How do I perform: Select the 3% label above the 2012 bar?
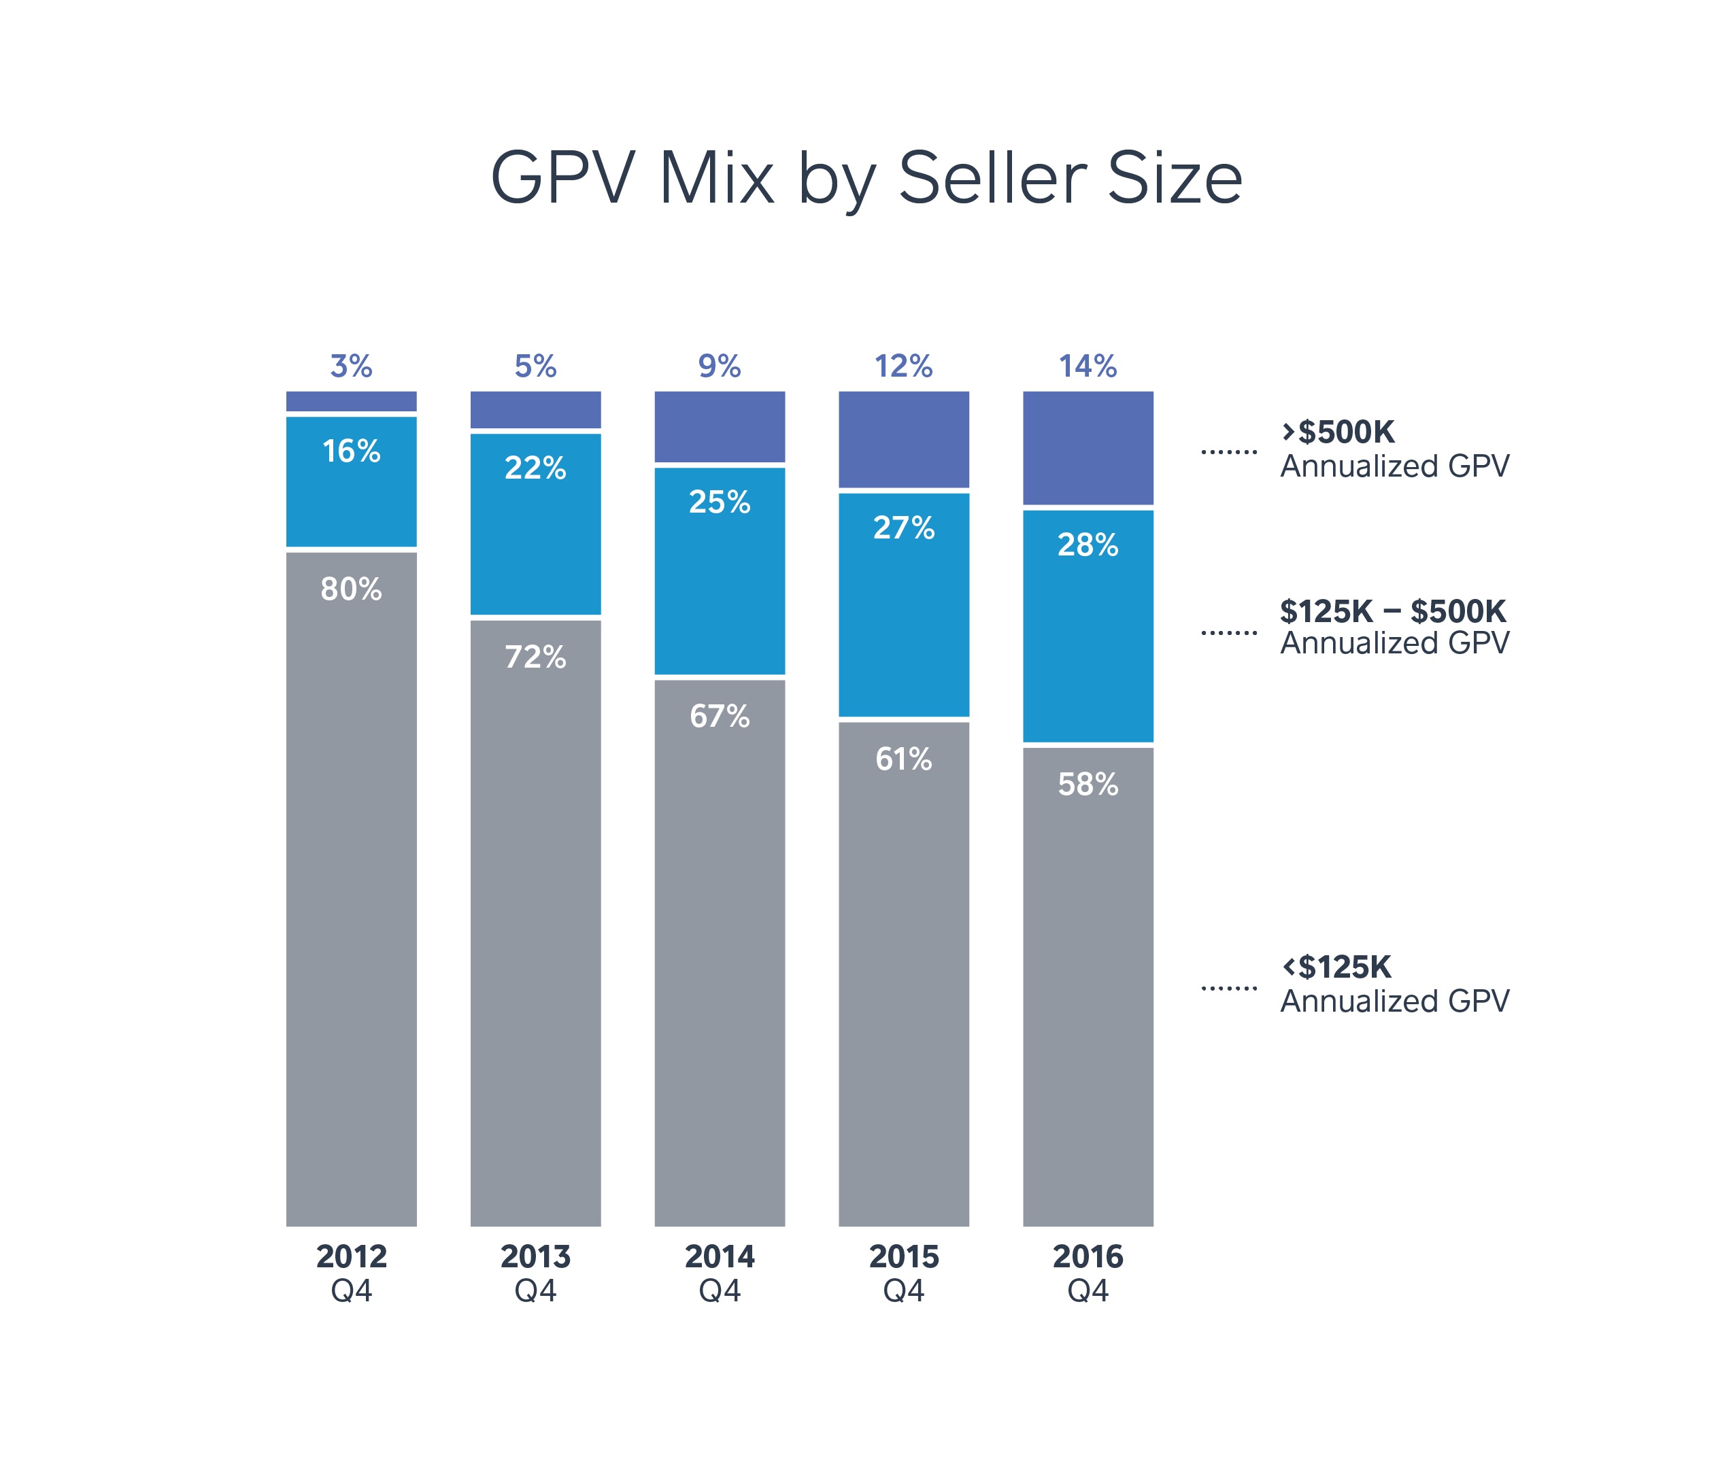click(351, 366)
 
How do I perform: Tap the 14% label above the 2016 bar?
click(1088, 366)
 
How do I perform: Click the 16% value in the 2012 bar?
click(351, 451)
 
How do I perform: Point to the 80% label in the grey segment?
click(351, 589)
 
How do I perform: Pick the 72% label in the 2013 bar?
click(535, 657)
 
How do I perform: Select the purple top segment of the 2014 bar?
click(720, 426)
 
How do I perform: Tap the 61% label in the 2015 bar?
click(903, 759)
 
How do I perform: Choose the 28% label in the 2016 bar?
click(1088, 545)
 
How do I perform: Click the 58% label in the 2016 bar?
click(1088, 784)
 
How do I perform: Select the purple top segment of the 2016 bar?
click(1088, 448)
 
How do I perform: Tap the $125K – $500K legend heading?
click(1392, 612)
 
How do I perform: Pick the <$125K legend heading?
click(1336, 967)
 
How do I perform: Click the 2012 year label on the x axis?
click(351, 1256)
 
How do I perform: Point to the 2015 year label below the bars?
click(903, 1256)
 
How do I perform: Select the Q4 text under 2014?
click(720, 1291)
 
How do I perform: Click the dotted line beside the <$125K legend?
click(1228, 988)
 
